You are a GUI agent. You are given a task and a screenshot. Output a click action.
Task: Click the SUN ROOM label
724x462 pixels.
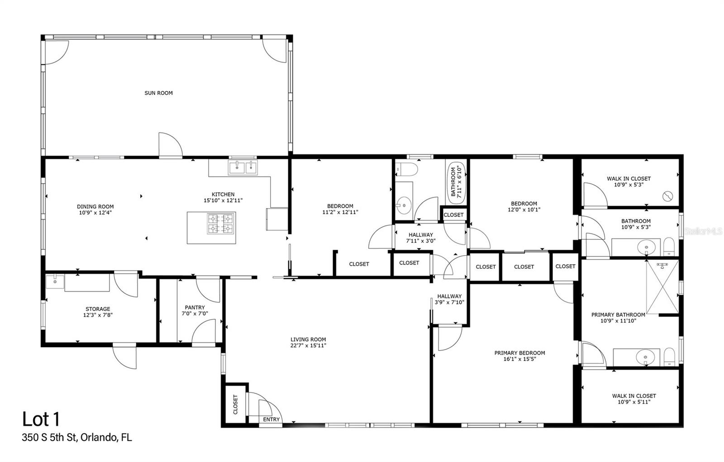tap(158, 93)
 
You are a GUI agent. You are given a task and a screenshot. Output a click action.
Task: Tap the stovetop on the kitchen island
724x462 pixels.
tap(221, 223)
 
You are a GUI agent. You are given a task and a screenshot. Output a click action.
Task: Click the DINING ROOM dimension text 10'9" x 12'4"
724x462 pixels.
tap(95, 212)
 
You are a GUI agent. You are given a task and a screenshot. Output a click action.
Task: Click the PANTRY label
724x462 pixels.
tap(195, 307)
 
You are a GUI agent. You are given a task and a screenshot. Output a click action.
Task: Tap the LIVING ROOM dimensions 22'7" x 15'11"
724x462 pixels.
tap(308, 345)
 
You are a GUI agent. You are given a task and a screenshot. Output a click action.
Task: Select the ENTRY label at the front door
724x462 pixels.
tap(271, 419)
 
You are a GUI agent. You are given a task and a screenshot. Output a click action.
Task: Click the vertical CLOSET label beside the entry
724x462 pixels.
tap(235, 404)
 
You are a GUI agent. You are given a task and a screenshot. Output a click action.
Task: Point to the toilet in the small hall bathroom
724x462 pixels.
tap(405, 170)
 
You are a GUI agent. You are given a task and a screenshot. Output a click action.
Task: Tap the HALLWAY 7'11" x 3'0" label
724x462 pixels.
tap(421, 238)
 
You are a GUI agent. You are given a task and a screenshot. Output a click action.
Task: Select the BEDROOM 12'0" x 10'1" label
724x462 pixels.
tap(524, 206)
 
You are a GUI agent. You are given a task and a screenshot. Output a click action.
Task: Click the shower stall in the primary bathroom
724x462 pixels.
tap(662, 287)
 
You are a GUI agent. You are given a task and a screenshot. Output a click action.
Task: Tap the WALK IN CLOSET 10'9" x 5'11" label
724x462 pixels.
tap(634, 399)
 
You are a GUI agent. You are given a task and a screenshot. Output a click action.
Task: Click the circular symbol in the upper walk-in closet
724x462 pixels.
tap(667, 196)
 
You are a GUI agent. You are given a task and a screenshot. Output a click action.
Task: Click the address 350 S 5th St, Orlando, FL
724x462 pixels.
tap(77, 438)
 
